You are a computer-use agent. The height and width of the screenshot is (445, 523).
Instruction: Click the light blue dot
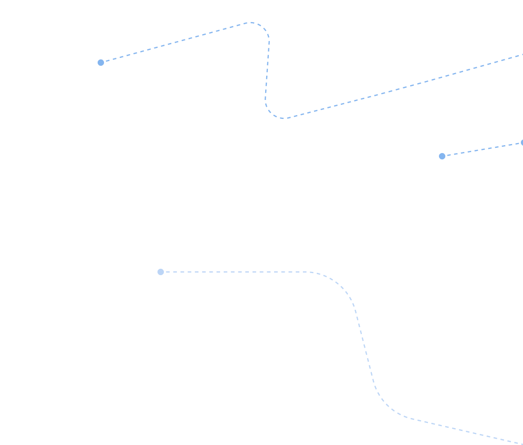[161, 272]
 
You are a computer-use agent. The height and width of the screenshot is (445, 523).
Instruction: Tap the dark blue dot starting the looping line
[101, 63]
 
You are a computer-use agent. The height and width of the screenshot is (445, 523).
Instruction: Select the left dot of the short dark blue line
[442, 156]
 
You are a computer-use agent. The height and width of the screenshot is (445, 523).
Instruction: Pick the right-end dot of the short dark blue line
[521, 143]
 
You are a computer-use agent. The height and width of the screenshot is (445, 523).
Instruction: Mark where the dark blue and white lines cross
[302, 114]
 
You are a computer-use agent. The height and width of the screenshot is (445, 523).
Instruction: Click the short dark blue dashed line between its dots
[482, 149]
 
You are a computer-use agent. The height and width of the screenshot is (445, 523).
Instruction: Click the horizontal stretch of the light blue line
[236, 272]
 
